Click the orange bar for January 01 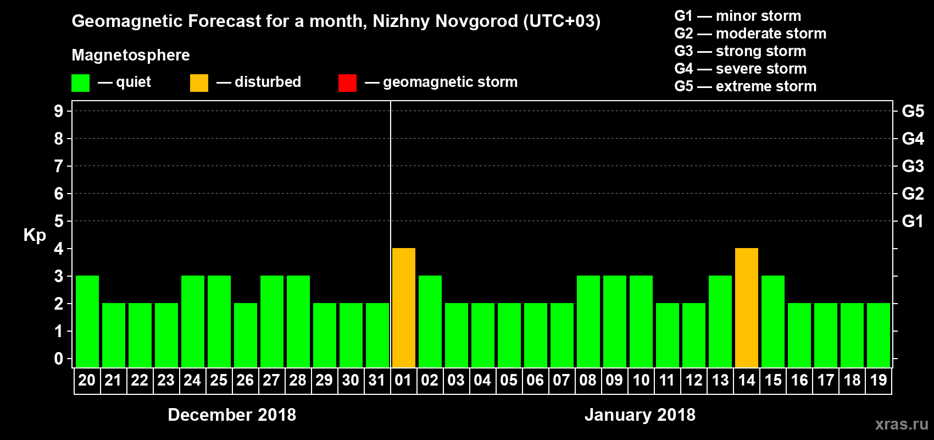coord(404,307)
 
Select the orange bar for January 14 coord(747,307)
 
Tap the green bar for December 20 coord(87,321)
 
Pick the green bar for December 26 coord(246,335)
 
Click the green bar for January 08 coord(588,321)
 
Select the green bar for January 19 coord(879,335)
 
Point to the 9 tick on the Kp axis coord(59,111)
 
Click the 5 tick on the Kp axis coord(59,221)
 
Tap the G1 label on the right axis coord(913,221)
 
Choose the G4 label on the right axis coord(913,139)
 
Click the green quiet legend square coord(80,83)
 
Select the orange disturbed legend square coord(199,83)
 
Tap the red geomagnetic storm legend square coord(347,83)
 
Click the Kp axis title coord(35,235)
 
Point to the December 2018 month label coord(232,415)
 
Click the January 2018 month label coord(640,415)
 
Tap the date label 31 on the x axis coord(377,380)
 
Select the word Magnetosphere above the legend coord(131,55)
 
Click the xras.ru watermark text coord(902,424)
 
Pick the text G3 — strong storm coord(740,51)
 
